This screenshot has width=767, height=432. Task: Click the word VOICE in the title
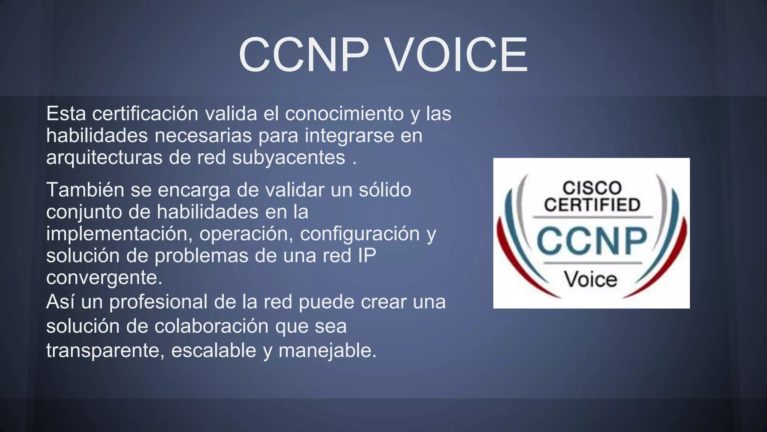tap(456, 55)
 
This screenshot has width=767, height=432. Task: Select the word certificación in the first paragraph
tap(145, 114)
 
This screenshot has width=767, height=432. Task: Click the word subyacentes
tap(288, 157)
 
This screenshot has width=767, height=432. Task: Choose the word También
tap(85, 190)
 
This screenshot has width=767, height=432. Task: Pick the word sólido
tap(385, 190)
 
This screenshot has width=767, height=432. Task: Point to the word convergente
tap(104, 278)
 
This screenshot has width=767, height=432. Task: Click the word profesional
tap(158, 302)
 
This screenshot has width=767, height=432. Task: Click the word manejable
tap(327, 351)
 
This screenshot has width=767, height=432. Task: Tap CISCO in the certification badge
tap(592, 188)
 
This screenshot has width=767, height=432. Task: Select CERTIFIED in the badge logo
tap(592, 205)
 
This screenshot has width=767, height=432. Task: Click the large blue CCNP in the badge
tap(592, 240)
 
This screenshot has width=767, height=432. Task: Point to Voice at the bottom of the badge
tap(591, 280)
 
